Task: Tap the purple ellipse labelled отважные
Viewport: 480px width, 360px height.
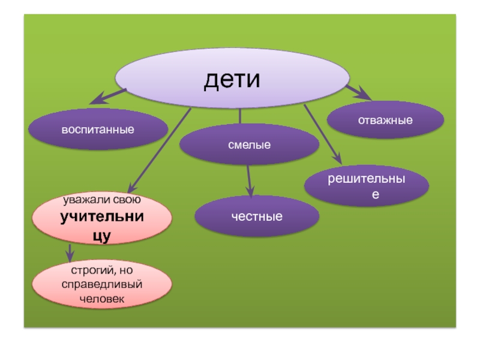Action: pyautogui.click(x=385, y=120)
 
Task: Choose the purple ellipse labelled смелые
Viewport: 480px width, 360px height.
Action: pyautogui.click(x=249, y=145)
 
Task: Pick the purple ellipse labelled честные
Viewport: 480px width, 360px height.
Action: pyautogui.click(x=257, y=216)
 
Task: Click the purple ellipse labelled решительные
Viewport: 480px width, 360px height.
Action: pyautogui.click(x=366, y=186)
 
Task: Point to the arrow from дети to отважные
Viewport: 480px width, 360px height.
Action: pyautogui.click(x=359, y=92)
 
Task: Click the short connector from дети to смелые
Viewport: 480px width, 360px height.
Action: pyautogui.click(x=240, y=116)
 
